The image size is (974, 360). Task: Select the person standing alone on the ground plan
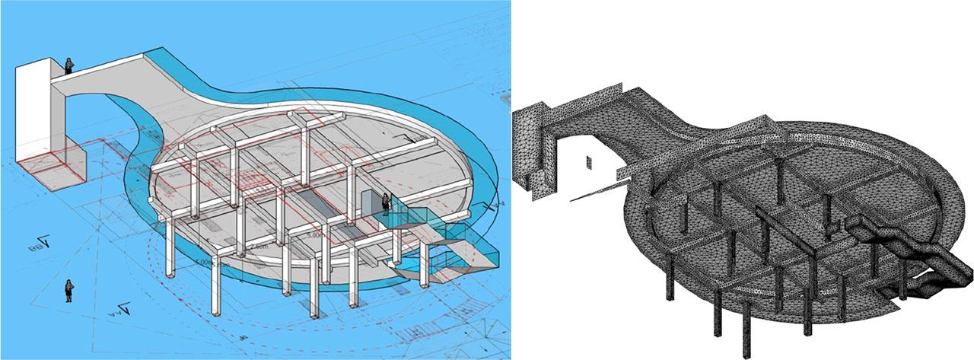coord(69,290)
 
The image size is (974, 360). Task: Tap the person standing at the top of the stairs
coord(387,204)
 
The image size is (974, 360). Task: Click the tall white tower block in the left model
coord(33,122)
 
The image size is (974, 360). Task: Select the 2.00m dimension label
coord(258,247)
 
